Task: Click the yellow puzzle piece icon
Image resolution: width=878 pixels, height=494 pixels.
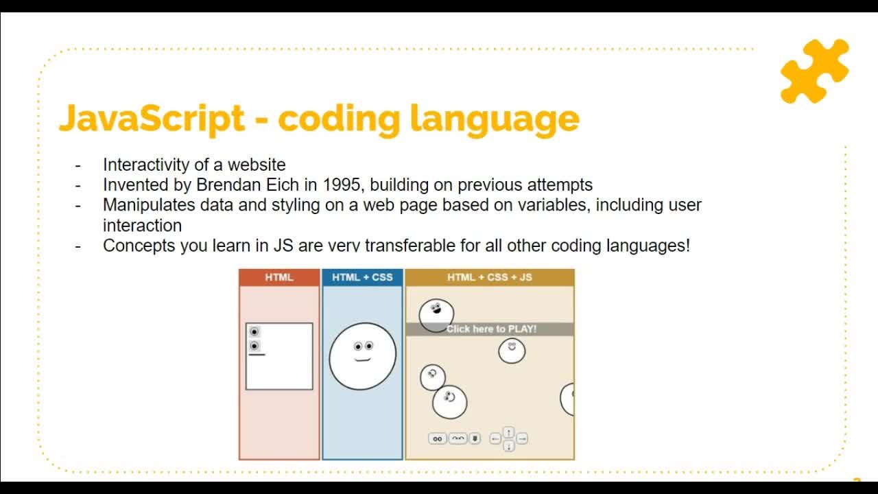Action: (x=814, y=71)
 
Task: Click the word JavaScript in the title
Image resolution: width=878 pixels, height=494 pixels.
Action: (x=152, y=118)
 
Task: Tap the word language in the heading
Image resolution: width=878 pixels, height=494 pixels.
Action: (x=495, y=119)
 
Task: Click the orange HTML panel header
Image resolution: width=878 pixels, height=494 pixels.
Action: (x=279, y=277)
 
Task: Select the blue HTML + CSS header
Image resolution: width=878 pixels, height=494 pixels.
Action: (x=362, y=277)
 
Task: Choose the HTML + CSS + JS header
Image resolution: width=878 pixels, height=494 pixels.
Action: (x=490, y=277)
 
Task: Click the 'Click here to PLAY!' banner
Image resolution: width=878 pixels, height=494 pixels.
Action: (x=490, y=329)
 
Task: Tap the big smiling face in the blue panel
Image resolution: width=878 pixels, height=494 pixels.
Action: (x=362, y=355)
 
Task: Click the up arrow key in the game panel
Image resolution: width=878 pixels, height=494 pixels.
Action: (x=508, y=432)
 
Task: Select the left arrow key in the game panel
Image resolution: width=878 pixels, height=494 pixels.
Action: (x=495, y=438)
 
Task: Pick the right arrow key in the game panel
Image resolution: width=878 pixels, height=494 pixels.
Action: (x=522, y=438)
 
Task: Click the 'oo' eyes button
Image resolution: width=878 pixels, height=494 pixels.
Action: (x=437, y=438)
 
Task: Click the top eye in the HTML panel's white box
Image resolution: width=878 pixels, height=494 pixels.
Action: (x=254, y=332)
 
